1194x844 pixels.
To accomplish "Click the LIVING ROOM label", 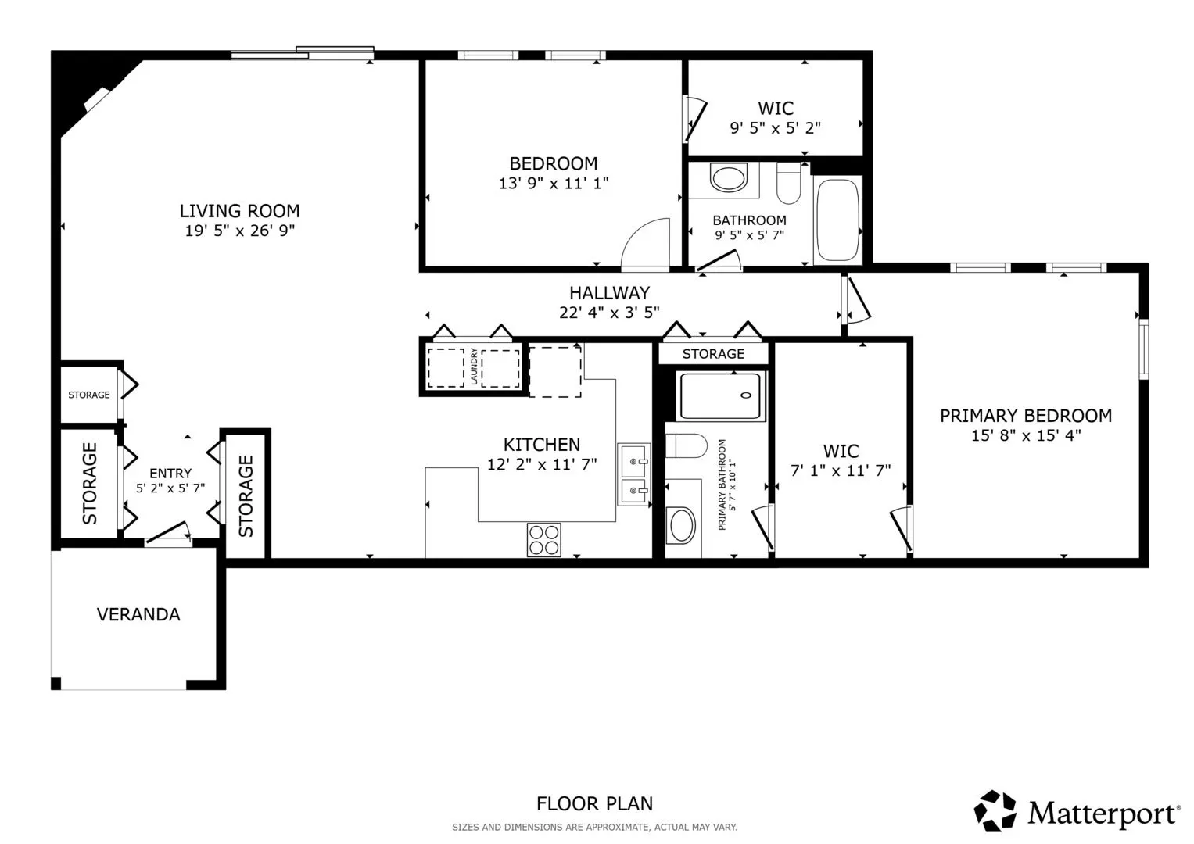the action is tap(240, 211).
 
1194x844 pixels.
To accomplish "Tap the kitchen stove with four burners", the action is tap(543, 540).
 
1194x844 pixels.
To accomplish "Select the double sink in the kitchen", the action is tap(634, 474).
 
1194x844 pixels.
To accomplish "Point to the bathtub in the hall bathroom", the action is tap(837, 220).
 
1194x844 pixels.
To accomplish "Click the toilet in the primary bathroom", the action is tap(686, 446).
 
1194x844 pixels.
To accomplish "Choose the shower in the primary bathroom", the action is tap(721, 396).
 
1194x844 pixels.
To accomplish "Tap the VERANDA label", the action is tap(138, 615).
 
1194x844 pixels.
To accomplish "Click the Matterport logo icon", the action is tap(995, 811).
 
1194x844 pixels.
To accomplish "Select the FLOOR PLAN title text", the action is tap(594, 804).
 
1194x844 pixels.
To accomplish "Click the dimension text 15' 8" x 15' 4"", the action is tap(1026, 436).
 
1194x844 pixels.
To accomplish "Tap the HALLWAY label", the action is tap(609, 293).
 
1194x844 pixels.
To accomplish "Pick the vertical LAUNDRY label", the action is tap(473, 367).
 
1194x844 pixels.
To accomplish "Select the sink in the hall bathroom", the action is tap(729, 177).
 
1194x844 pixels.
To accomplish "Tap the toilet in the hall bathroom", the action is tap(789, 183).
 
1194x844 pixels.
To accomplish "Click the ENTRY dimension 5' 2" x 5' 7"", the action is tap(170, 488).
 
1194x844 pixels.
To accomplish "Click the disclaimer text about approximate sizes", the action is tap(594, 828).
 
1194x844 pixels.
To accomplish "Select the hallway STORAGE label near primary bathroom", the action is tap(713, 354).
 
